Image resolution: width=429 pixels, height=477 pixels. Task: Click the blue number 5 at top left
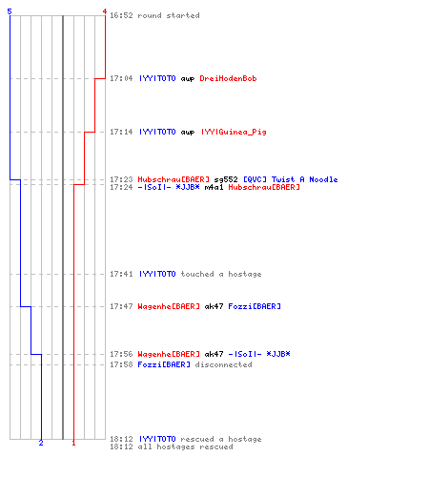click(x=10, y=11)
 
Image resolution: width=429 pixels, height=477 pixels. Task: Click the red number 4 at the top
click(x=105, y=11)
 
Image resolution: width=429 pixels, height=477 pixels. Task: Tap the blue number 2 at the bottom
click(x=41, y=443)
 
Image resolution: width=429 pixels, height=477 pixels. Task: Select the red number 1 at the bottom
click(x=73, y=443)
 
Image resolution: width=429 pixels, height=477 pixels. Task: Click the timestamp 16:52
click(x=121, y=15)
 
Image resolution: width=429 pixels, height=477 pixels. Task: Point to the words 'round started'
click(x=169, y=15)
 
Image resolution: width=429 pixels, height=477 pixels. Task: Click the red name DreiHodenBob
click(x=228, y=78)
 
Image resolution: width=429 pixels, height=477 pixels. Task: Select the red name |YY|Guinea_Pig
click(x=234, y=132)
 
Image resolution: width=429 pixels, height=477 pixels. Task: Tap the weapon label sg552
click(x=226, y=179)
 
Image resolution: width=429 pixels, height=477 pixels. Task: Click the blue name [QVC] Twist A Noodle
click(x=290, y=179)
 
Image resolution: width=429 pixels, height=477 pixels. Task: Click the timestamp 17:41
click(x=121, y=274)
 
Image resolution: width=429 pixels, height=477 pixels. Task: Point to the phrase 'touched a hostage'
click(x=221, y=274)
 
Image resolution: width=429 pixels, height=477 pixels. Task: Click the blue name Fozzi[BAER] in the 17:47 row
click(x=255, y=306)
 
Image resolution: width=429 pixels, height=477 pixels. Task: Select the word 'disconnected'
click(x=223, y=364)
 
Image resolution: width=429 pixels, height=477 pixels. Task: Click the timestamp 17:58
click(x=121, y=364)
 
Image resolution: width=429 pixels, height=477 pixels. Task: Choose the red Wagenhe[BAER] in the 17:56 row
click(x=169, y=354)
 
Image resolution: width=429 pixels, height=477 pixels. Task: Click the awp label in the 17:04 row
click(x=188, y=79)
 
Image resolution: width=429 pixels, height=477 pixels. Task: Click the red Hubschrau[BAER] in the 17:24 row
click(x=264, y=187)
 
